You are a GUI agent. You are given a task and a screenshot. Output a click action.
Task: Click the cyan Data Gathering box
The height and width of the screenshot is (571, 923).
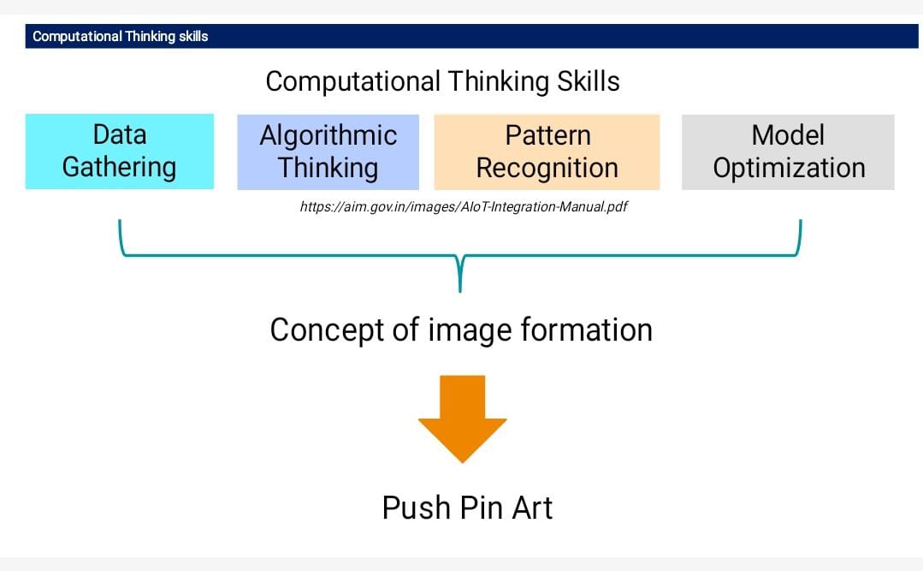[120, 152]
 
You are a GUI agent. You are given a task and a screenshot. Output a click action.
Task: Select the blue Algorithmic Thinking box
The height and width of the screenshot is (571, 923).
[328, 152]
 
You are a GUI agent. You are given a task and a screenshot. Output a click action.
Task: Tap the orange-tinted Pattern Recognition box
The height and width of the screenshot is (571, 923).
[547, 152]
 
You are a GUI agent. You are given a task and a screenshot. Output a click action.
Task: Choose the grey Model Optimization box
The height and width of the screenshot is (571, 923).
[788, 152]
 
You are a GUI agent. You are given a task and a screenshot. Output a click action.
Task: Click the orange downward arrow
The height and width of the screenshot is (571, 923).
[463, 419]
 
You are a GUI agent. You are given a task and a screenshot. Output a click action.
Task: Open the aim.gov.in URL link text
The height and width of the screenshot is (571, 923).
[464, 207]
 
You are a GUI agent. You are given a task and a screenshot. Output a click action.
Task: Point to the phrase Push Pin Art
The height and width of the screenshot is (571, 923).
[467, 508]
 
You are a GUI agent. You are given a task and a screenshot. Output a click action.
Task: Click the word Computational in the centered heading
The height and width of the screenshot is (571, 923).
[352, 82]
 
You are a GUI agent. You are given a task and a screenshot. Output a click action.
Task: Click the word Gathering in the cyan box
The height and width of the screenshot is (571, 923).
[120, 167]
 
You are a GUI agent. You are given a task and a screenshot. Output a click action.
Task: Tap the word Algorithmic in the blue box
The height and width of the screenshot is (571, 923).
[328, 136]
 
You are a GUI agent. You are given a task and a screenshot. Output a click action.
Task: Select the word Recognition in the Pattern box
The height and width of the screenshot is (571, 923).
[547, 169]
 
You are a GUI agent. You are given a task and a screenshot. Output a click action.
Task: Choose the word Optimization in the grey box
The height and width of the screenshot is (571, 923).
[789, 169]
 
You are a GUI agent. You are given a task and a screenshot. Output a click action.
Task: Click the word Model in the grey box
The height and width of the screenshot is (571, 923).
[788, 135]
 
